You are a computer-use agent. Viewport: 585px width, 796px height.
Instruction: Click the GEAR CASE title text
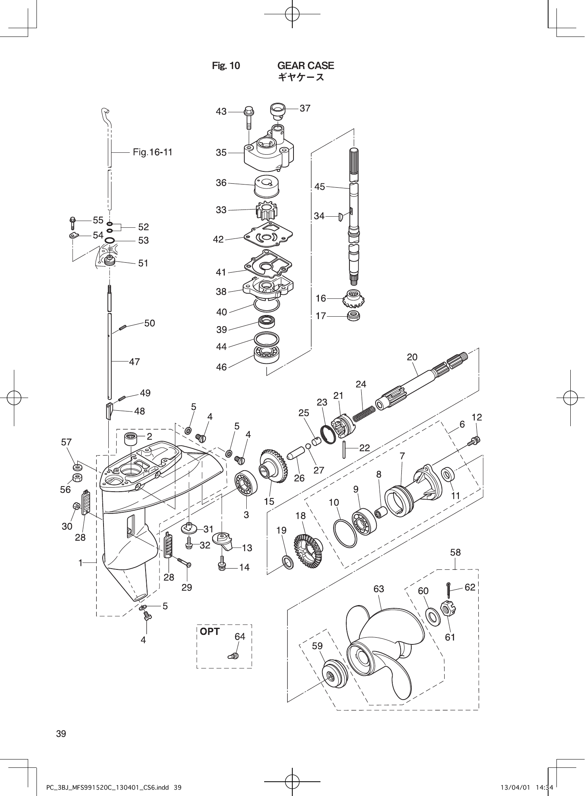[305, 65]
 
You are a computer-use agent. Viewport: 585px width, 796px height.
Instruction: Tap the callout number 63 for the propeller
[379, 589]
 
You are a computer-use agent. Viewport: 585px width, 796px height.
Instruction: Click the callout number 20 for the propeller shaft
[412, 357]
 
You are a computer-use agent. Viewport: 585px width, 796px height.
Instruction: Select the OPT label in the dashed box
[210, 631]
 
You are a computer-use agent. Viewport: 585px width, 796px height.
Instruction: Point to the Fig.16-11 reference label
[153, 152]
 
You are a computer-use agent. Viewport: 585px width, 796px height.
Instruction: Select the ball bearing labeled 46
[266, 354]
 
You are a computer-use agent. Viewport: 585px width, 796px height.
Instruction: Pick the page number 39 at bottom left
[61, 733]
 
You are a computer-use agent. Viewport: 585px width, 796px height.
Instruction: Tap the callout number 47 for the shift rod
[134, 361]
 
